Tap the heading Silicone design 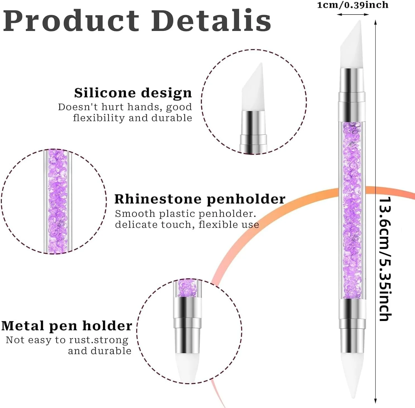click(x=133, y=93)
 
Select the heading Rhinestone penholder click(x=200, y=199)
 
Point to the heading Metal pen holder click(x=66, y=326)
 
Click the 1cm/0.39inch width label click(x=353, y=5)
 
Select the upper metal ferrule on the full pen click(x=352, y=95)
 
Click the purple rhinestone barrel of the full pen click(x=352, y=210)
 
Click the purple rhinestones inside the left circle click(x=58, y=201)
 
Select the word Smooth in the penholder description click(x=135, y=214)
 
